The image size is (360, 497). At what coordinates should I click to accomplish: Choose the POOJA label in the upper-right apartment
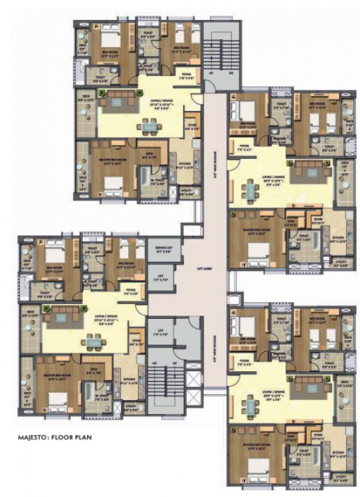244,146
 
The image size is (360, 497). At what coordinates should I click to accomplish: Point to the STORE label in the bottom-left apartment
135,340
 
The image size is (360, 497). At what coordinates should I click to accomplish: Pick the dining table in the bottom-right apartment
251,404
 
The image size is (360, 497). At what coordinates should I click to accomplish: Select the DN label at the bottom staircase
155,364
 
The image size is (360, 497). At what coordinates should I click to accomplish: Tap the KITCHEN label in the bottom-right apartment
338,453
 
